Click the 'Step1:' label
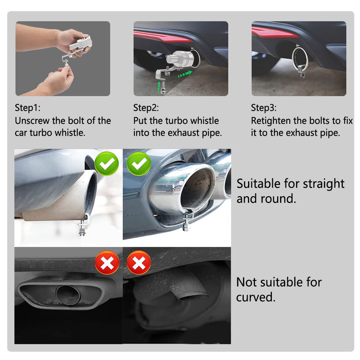[28, 108]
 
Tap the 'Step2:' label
[146, 108]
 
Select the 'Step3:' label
[264, 108]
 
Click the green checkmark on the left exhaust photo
[107, 163]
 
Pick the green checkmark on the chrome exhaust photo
[139, 163]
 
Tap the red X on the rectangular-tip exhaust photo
[107, 263]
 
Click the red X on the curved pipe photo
[139, 263]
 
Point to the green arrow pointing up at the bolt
[159, 87]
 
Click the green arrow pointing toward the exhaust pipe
[185, 74]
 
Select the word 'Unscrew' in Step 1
[32, 121]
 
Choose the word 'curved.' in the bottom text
[256, 297]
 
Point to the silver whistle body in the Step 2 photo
[179, 59]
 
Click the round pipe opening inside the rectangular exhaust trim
[68, 295]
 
